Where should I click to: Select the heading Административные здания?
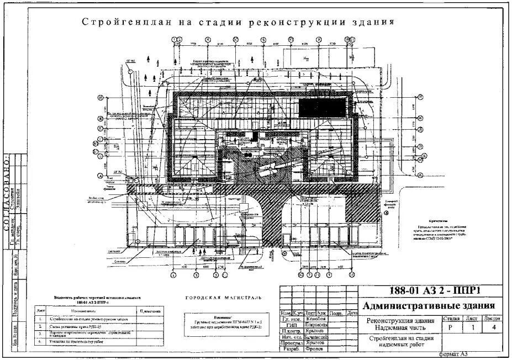429,306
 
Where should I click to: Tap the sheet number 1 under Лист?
471,327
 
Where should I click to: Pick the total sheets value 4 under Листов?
492,327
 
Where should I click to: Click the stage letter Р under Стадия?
451,327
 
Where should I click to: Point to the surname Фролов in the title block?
315,350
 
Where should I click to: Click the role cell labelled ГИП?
291,326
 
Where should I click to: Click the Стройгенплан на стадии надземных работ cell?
400,342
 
